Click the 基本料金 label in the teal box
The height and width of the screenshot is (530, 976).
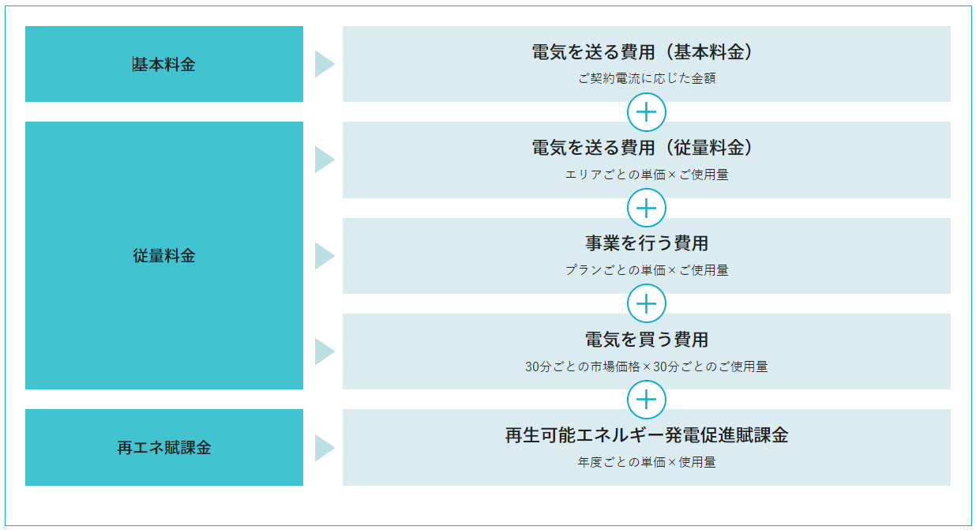click(164, 65)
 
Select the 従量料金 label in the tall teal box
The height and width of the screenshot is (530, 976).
click(164, 255)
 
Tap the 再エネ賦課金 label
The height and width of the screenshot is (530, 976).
click(164, 448)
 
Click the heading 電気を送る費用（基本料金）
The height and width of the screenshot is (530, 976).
click(642, 52)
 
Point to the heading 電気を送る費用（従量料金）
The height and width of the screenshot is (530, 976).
click(642, 148)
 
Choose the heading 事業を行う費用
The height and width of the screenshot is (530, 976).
click(647, 243)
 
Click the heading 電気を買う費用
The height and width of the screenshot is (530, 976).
click(647, 340)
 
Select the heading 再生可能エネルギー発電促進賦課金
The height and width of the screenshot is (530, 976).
click(647, 435)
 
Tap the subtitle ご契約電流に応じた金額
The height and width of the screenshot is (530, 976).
click(647, 78)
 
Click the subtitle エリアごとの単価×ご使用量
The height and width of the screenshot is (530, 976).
click(647, 175)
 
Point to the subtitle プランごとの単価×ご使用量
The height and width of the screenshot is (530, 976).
click(647, 270)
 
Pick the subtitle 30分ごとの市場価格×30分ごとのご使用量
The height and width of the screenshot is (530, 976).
click(647, 366)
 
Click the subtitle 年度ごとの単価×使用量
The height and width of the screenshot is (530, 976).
click(647, 462)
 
